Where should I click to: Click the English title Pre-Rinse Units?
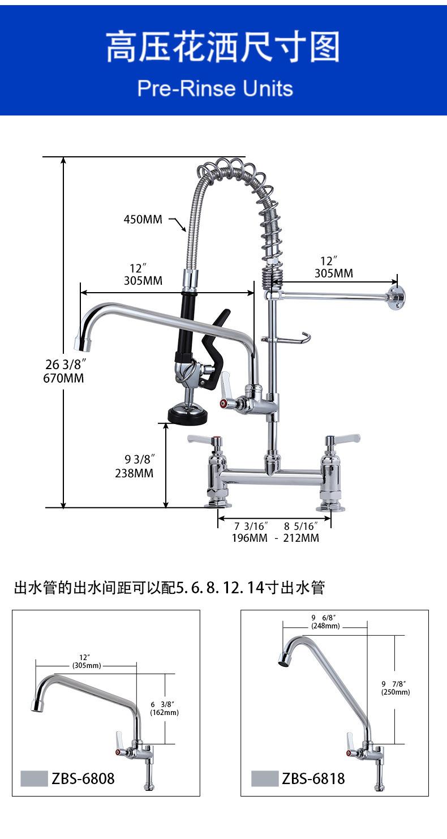click(215, 89)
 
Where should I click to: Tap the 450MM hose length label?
click(143, 219)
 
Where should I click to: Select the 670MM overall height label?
click(63, 378)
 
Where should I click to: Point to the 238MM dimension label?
click(134, 473)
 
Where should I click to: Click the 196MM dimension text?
click(249, 538)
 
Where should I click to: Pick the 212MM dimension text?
click(301, 538)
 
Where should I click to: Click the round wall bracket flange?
click(397, 298)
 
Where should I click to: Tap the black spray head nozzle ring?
click(187, 416)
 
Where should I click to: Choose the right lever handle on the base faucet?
click(342, 438)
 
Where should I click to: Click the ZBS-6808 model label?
click(83, 779)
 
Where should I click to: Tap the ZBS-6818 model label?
click(313, 779)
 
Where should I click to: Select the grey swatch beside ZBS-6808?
click(34, 778)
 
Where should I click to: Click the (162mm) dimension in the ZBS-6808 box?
click(164, 713)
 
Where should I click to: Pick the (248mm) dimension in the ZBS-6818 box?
click(325, 626)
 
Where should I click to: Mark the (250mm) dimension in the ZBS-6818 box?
click(396, 692)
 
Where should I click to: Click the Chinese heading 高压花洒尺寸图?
click(223, 48)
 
